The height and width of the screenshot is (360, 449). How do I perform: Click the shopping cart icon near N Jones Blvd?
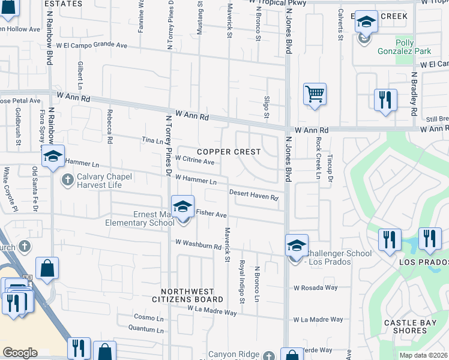[315, 94]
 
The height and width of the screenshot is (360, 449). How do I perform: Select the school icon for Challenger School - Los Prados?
[296, 245]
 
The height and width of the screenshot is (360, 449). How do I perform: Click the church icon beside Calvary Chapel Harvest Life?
[68, 179]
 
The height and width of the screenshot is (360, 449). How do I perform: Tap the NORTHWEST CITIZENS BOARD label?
[187, 294]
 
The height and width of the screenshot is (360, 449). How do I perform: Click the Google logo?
[20, 353]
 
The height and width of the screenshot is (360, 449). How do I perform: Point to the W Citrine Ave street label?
[194, 161]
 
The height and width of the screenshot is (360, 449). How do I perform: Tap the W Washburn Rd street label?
[199, 244]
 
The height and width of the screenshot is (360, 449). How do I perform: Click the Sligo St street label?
[267, 106]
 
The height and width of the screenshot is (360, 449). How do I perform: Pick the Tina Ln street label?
[152, 140]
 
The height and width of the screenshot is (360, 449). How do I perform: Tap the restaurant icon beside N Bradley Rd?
[385, 100]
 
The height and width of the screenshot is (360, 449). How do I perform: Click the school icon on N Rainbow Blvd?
[53, 157]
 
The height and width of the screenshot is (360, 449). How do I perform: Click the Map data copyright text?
[424, 355]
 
